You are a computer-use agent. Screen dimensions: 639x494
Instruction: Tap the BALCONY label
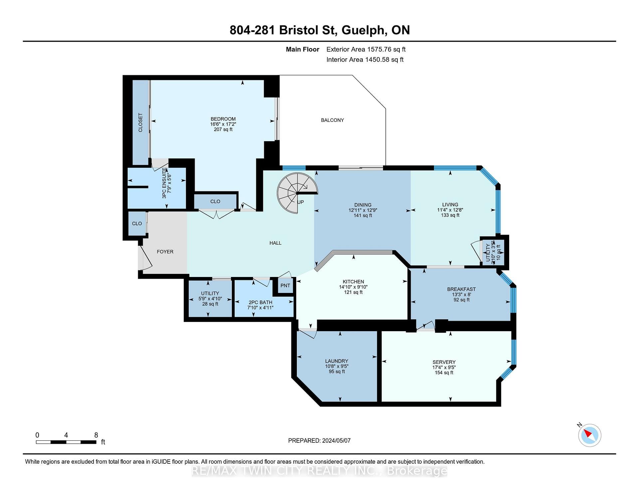[332, 120]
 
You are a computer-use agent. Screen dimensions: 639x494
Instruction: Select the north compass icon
[589, 435]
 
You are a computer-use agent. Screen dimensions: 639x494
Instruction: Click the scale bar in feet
[66, 442]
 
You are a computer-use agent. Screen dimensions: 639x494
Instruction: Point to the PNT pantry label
[285, 285]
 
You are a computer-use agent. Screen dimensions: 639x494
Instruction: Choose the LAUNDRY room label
[336, 361]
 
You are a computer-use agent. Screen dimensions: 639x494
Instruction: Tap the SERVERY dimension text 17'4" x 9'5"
[444, 367]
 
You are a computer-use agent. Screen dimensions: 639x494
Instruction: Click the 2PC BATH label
[260, 302]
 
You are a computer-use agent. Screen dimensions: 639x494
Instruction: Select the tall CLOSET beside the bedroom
[140, 123]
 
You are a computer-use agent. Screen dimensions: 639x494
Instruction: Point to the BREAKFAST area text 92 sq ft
[461, 300]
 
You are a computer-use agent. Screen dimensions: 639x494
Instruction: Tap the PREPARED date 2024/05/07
[336, 440]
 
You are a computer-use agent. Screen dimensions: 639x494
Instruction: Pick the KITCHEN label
[353, 282]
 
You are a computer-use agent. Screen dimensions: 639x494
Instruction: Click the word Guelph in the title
[363, 30]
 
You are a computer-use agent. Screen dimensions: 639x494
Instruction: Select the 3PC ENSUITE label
[164, 183]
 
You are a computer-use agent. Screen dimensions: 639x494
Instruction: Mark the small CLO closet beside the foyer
[137, 223]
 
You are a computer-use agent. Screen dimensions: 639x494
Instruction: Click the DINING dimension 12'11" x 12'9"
[363, 210]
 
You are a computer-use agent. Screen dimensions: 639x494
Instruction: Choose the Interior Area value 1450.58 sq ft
[384, 60]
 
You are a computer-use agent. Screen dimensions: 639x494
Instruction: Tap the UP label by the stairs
[301, 202]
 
